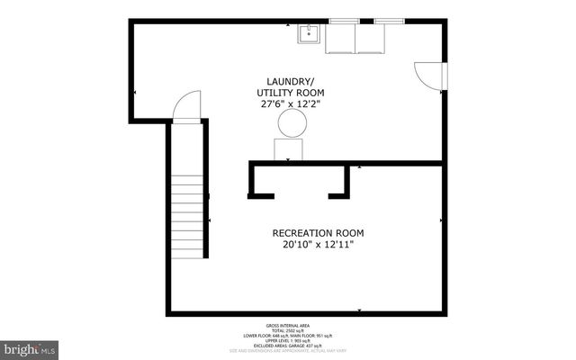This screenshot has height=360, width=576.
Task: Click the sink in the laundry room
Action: click(309, 34)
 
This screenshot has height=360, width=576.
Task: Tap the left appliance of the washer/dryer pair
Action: click(340, 39)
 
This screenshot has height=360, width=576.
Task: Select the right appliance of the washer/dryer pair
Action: click(372, 39)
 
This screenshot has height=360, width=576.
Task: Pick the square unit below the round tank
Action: click(289, 149)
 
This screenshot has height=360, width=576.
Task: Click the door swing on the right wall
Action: click(427, 76)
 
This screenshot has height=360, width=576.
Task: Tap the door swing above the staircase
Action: click(187, 107)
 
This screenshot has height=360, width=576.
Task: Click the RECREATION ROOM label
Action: click(318, 233)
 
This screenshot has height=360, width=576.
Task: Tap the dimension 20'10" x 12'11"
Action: click(318, 245)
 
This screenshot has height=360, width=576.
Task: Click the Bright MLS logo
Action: click(31, 347)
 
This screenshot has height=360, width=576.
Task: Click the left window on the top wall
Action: click(342, 20)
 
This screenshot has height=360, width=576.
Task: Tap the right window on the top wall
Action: click(388, 20)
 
